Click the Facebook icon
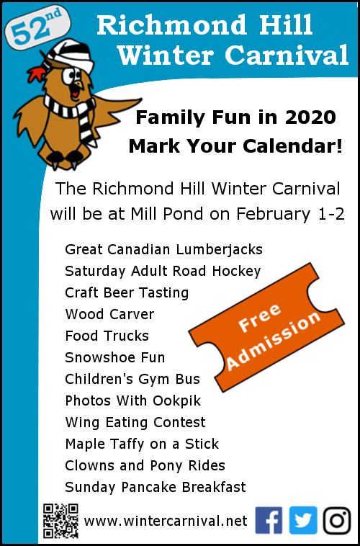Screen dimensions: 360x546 click(x=269, y=520)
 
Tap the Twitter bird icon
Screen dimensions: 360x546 click(x=303, y=520)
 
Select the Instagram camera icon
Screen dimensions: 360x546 click(x=337, y=521)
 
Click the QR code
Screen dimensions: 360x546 click(x=60, y=521)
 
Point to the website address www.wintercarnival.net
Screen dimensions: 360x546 click(x=166, y=522)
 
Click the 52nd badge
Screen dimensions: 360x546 click(x=37, y=27)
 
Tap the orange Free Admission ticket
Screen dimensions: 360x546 click(x=266, y=327)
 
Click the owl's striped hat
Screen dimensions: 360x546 click(x=70, y=55)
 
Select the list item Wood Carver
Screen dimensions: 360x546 click(x=109, y=315)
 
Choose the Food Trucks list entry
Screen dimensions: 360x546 click(x=107, y=336)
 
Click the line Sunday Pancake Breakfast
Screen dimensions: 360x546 click(x=156, y=487)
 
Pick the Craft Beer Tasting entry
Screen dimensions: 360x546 click(x=127, y=293)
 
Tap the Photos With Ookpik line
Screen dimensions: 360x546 click(x=133, y=400)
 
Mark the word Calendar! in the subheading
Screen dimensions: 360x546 click(x=292, y=147)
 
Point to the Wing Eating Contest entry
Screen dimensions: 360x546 click(x=135, y=422)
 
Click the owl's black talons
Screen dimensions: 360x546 click(x=65, y=158)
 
